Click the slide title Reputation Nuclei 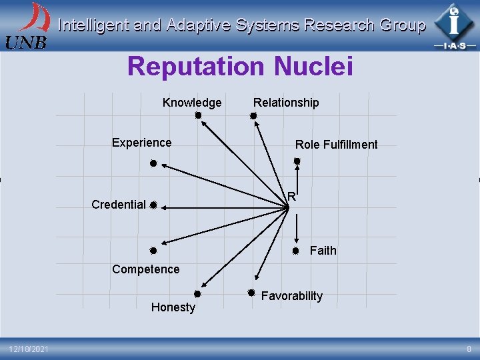point(239,67)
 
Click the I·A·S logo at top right point(454,26)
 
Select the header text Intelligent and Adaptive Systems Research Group point(241,26)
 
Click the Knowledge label point(192,103)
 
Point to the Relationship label point(286,103)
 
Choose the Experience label point(141,143)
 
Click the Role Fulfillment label point(336,145)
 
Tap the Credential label point(119,205)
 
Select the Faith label point(323,251)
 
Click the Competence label point(145,269)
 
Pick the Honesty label point(173,307)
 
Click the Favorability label point(291,296)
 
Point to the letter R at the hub point(292,196)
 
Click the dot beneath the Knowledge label point(198,115)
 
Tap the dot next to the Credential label point(153,205)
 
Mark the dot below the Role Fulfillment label point(297,161)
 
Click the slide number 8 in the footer point(469,349)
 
